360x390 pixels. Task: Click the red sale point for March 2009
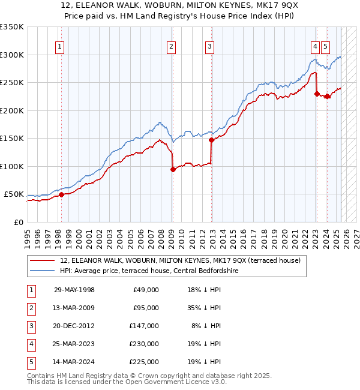(x=173, y=169)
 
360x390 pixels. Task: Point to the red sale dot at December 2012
(x=211, y=140)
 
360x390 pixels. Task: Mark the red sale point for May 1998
(x=61, y=194)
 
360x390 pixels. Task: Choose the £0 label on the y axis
(x=17, y=222)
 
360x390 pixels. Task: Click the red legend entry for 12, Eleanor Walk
(x=184, y=260)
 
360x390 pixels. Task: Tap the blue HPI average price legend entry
(x=149, y=271)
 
